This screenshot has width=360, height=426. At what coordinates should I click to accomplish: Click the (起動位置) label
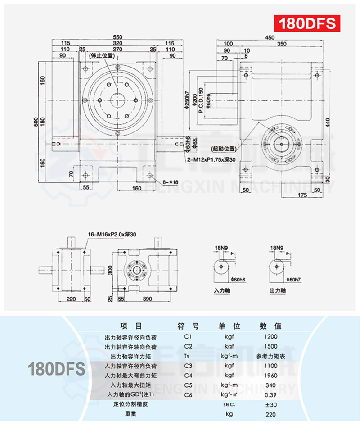pyautogui.click(x=223, y=148)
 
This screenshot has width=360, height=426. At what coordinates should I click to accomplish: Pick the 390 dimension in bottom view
pyautogui.click(x=147, y=299)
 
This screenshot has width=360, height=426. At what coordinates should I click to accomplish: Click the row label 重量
pyautogui.click(x=130, y=414)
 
